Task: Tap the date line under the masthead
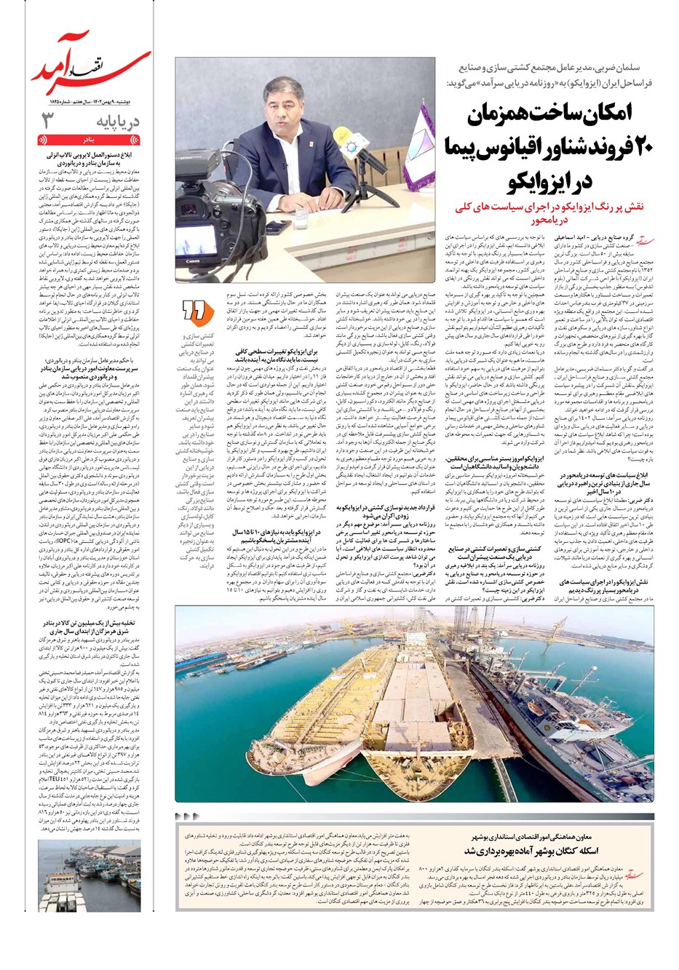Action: [90, 102]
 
